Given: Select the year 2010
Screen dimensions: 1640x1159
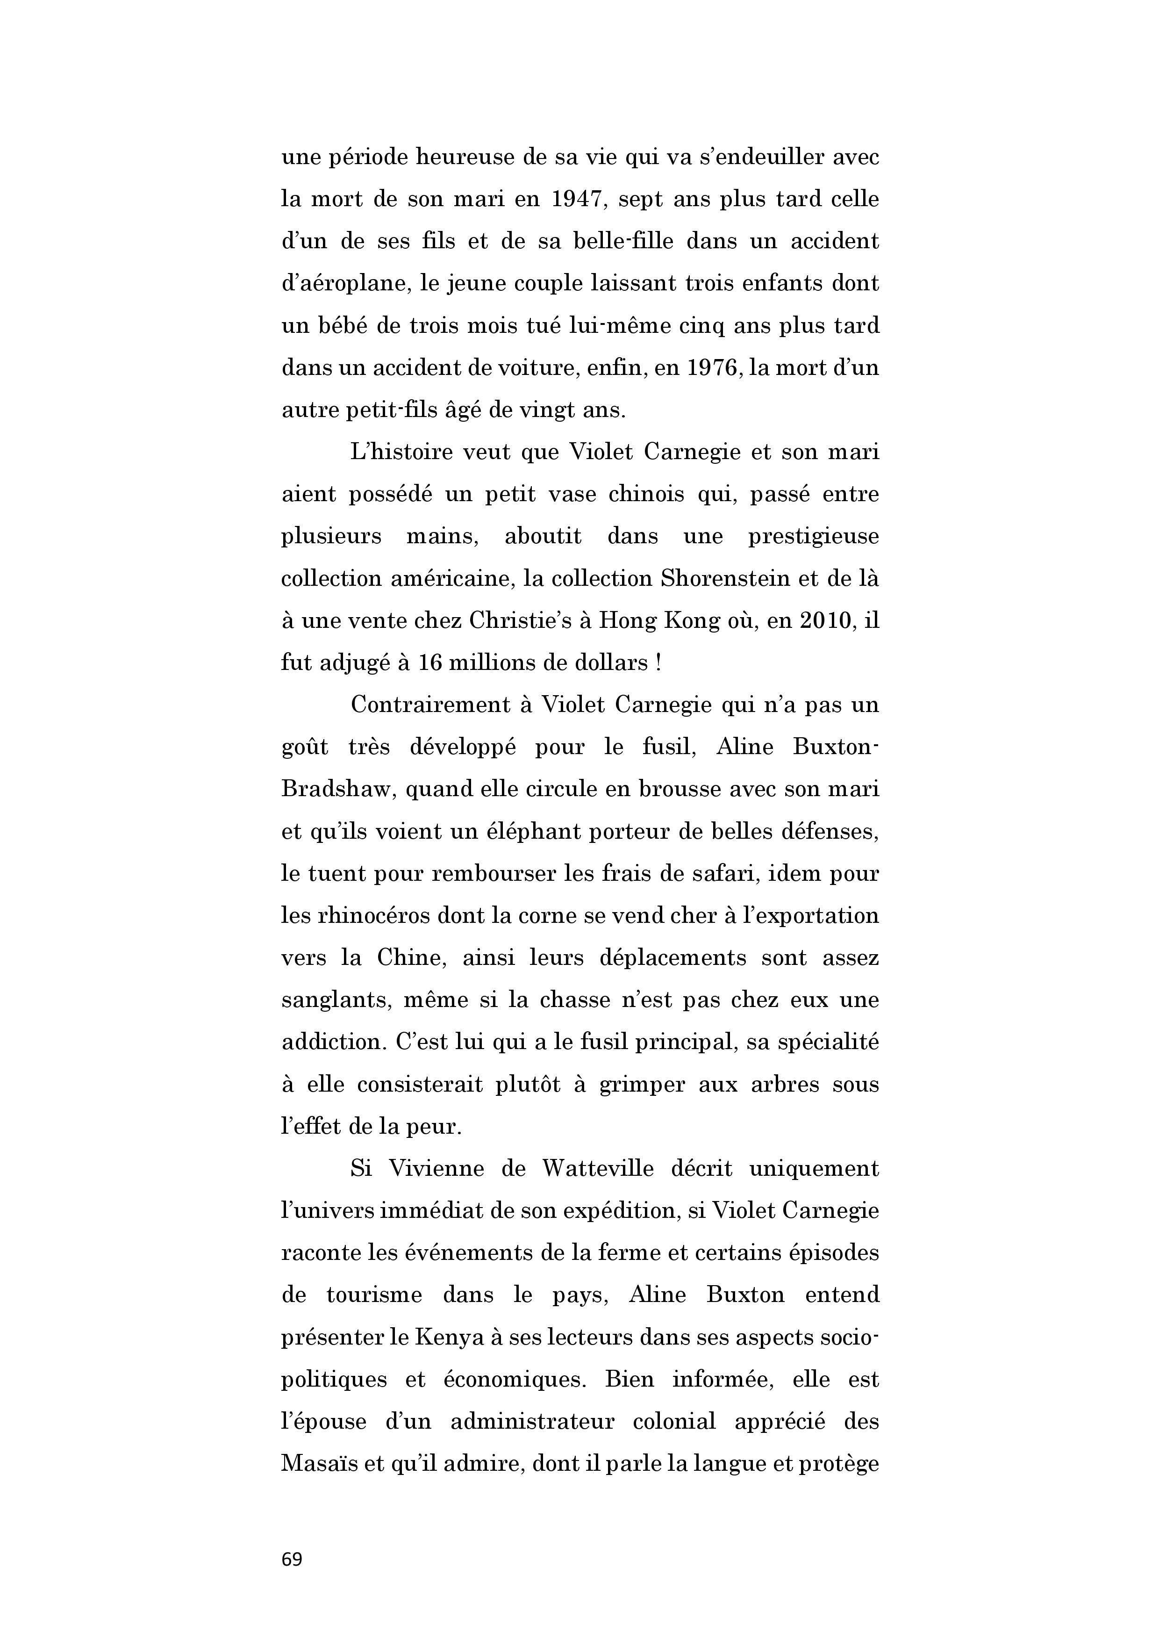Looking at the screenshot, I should coord(825,620).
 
